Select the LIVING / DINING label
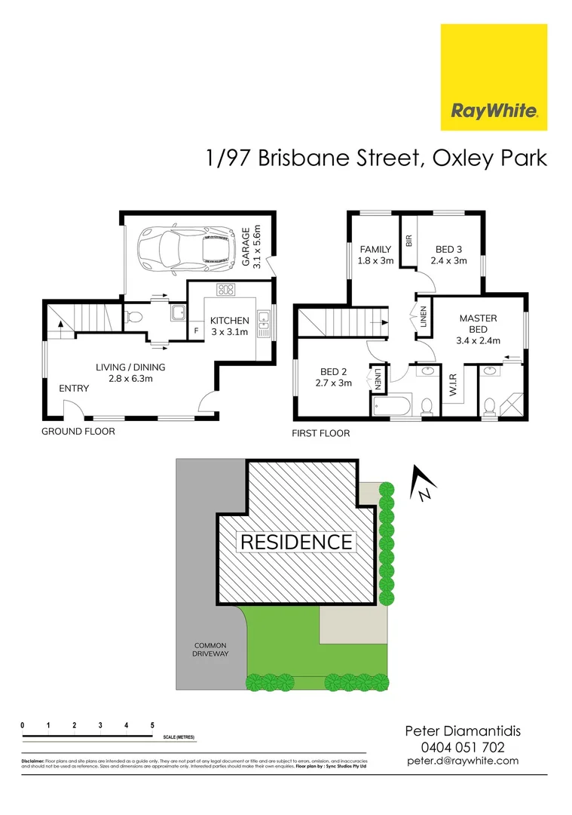click(130, 373)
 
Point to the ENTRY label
click(74, 389)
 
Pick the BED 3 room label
click(449, 255)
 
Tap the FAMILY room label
click(375, 255)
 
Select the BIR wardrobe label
click(408, 241)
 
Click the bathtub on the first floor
click(391, 407)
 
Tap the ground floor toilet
click(135, 317)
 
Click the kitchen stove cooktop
click(226, 289)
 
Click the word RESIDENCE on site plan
click(296, 542)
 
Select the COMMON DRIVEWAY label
click(211, 650)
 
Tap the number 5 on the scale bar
click(152, 725)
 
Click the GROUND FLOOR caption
click(78, 432)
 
